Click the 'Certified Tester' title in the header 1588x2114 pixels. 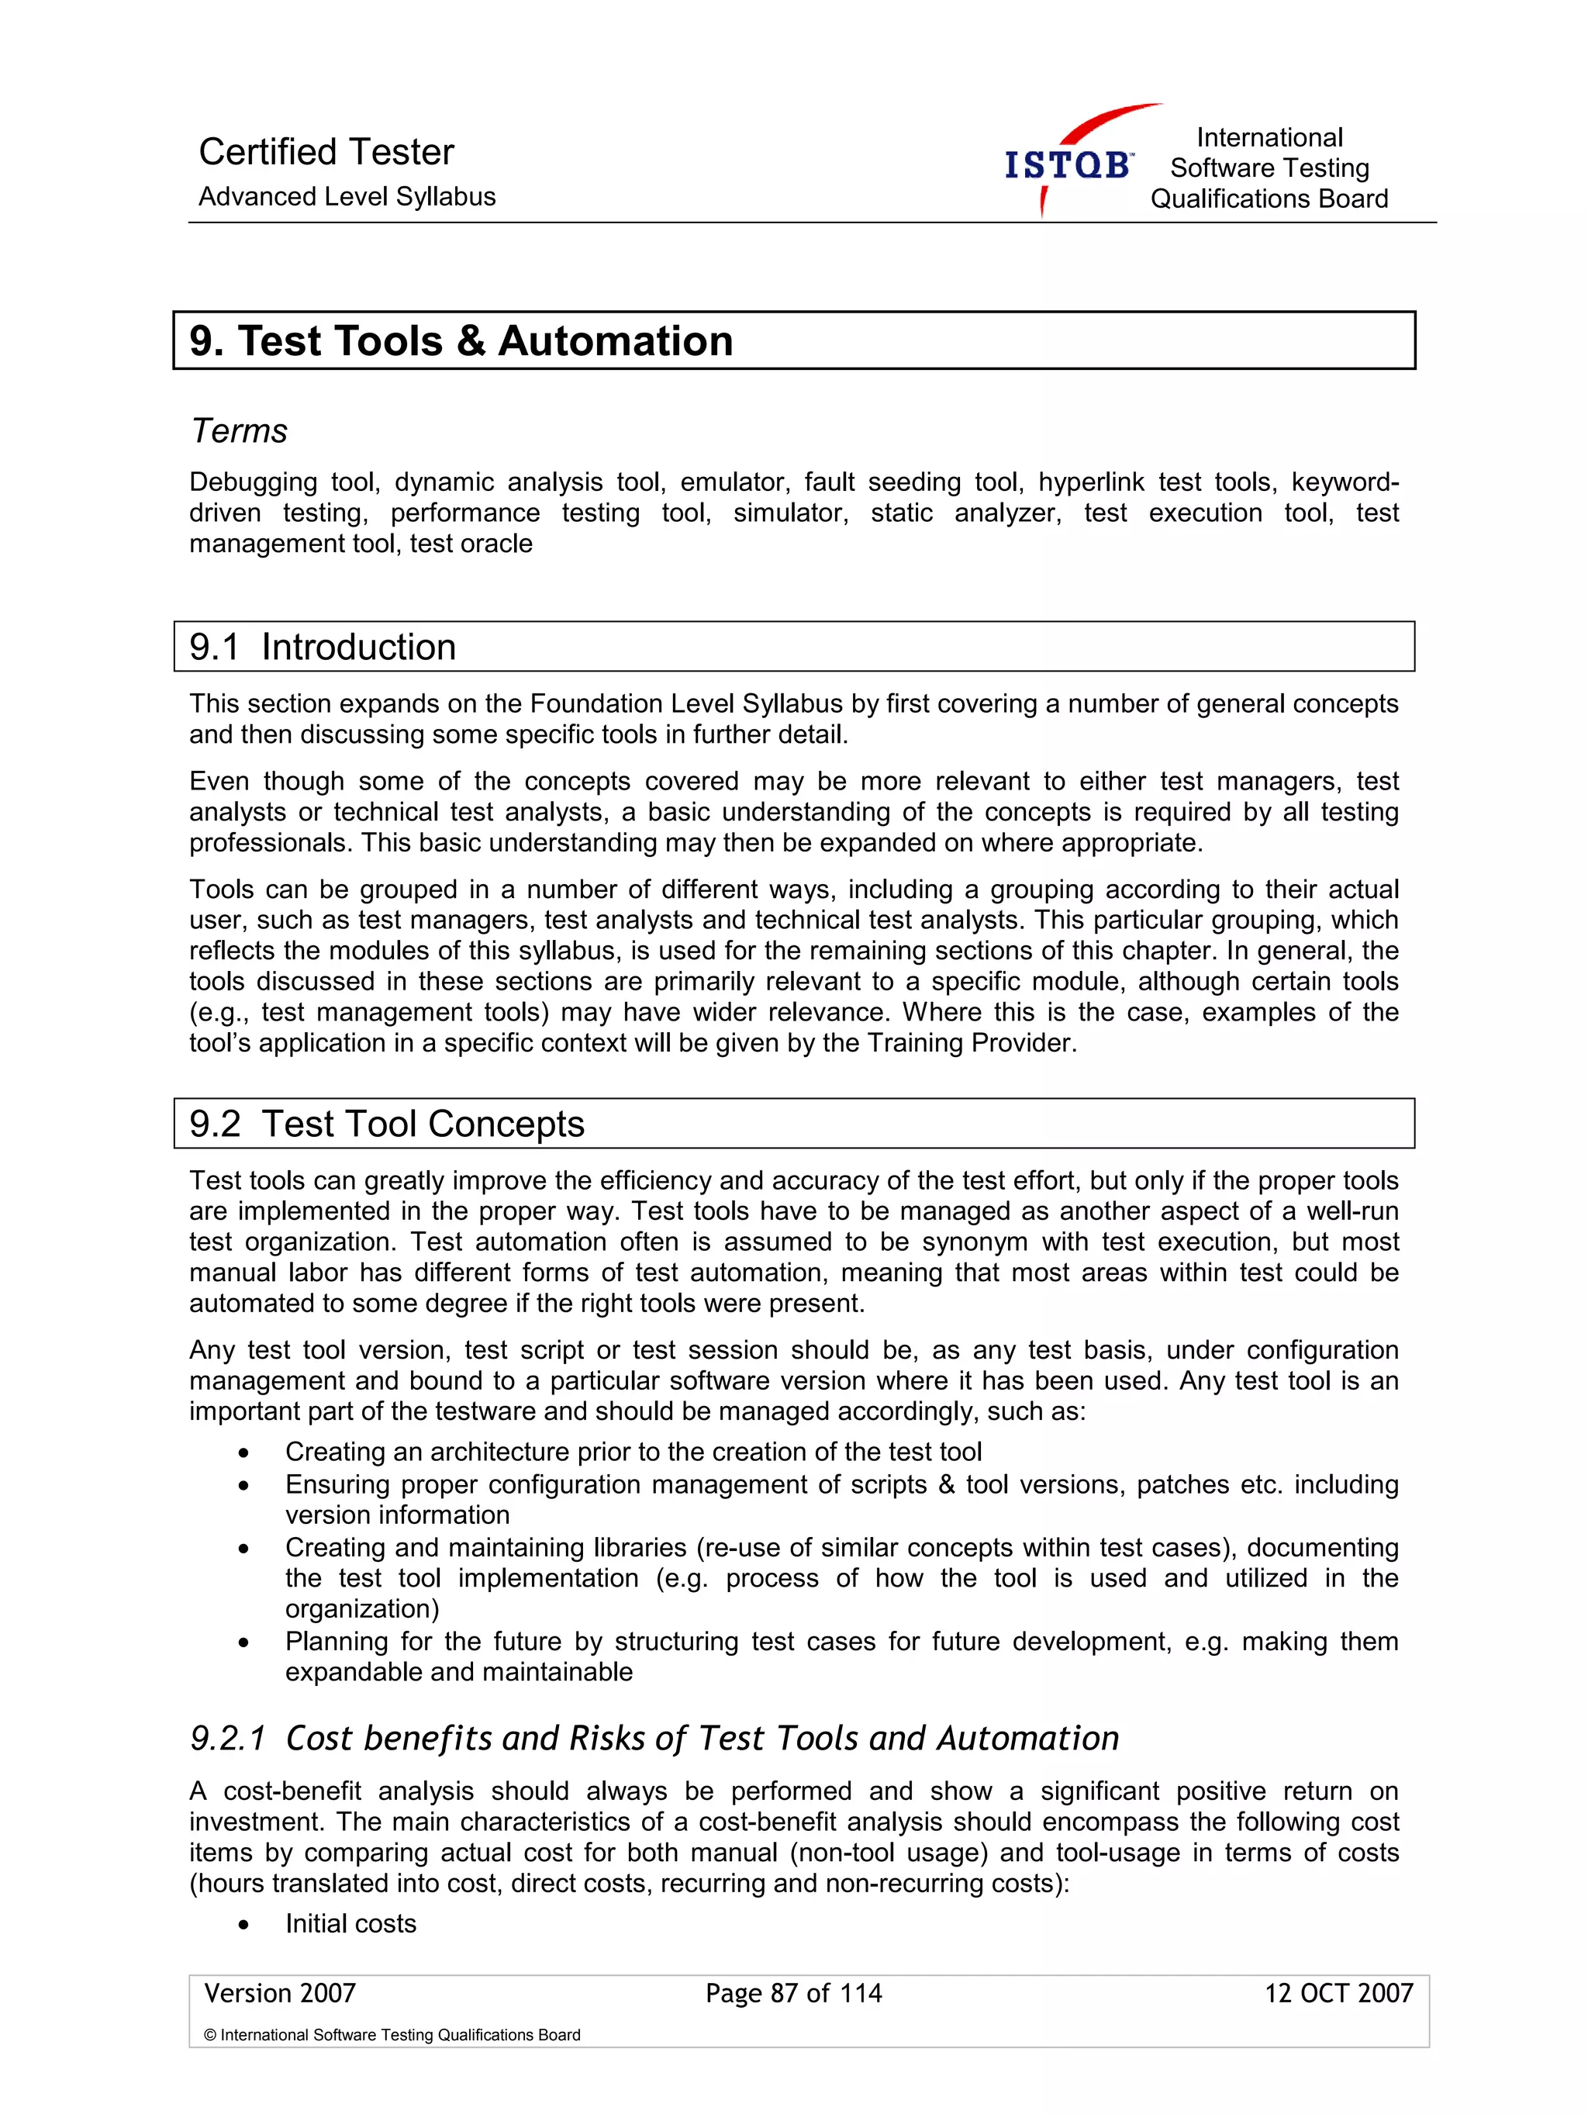[x=326, y=152]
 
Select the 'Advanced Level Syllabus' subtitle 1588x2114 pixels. [x=347, y=197]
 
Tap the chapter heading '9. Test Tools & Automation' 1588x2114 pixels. [x=461, y=341]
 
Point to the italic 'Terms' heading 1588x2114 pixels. [x=239, y=431]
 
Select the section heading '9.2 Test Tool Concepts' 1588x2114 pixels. [x=386, y=1124]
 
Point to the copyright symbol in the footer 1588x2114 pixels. [x=210, y=2036]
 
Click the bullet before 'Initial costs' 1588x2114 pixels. [x=244, y=1925]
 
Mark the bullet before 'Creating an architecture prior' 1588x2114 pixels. [x=244, y=1453]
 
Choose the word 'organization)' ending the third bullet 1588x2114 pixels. [x=361, y=1609]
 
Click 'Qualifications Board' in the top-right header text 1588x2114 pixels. [x=1268, y=199]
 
